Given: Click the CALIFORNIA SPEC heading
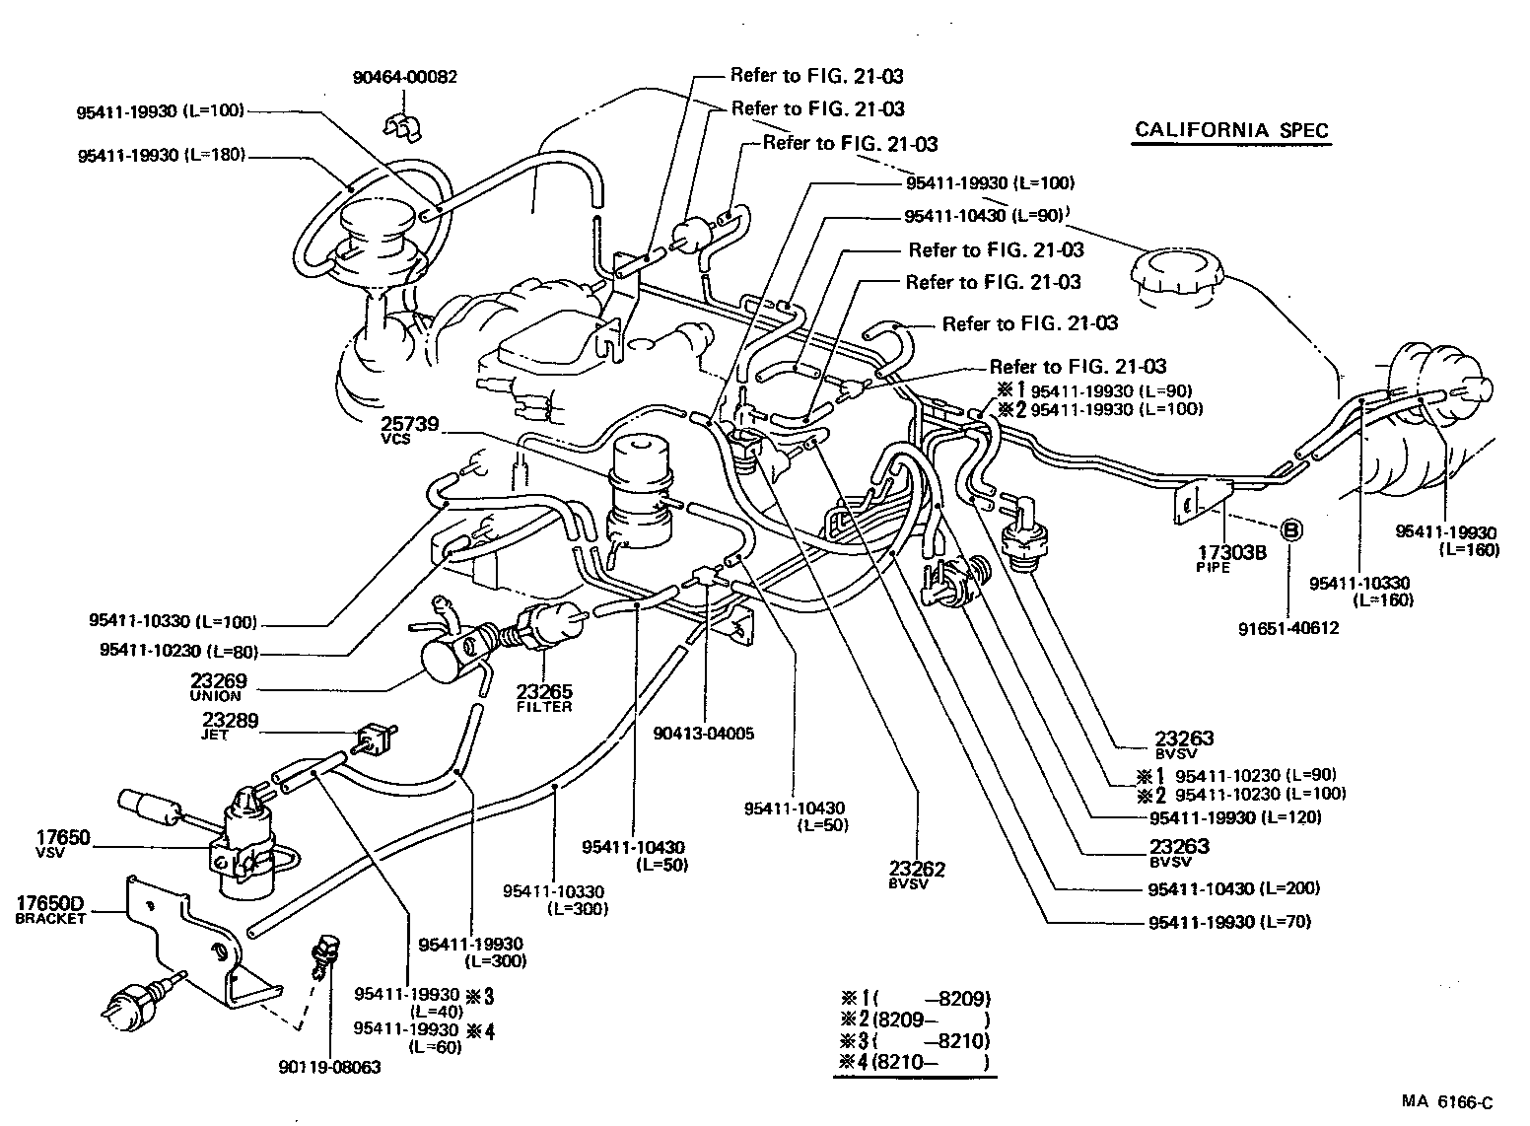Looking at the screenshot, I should tap(1231, 130).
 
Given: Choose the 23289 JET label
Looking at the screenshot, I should tap(231, 727).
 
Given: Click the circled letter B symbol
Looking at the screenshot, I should tap(1290, 530).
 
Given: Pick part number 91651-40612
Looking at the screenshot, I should tap(1290, 627).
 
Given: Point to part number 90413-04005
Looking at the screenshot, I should tap(705, 735).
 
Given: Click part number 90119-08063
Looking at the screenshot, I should tap(330, 1067).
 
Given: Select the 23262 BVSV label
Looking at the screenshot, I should tap(917, 874).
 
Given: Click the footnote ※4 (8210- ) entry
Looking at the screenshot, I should tap(913, 1061).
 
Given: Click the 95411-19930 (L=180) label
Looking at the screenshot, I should tap(162, 155).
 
